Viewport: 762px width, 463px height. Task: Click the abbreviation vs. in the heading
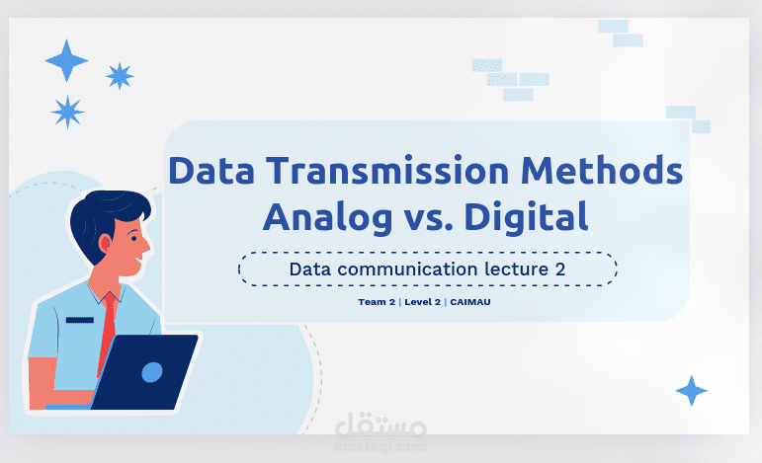pyautogui.click(x=423, y=217)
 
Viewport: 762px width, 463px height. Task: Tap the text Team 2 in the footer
pyautogui.click(x=377, y=301)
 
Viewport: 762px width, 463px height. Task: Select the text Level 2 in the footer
pyautogui.click(x=421, y=301)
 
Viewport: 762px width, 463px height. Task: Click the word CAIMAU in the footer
pyautogui.click(x=469, y=301)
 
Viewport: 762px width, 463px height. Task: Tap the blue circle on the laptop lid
pyautogui.click(x=151, y=372)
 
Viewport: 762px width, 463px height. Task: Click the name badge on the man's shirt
pyautogui.click(x=79, y=319)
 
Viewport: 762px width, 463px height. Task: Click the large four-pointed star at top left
pyautogui.click(x=66, y=60)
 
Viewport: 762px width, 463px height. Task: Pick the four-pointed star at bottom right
pyautogui.click(x=691, y=391)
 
